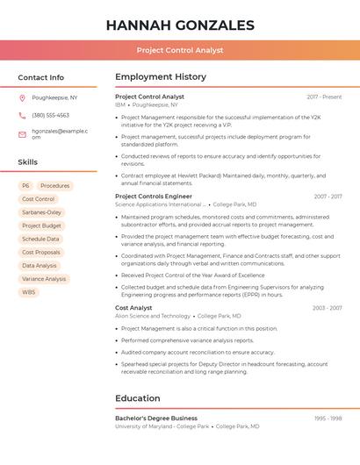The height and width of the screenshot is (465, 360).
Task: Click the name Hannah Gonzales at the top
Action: (180, 25)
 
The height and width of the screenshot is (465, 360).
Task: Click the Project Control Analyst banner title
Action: (180, 51)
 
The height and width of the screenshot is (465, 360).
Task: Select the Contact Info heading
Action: (41, 77)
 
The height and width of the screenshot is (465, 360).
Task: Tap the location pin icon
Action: (22, 98)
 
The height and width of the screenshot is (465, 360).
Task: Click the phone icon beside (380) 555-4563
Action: (22, 116)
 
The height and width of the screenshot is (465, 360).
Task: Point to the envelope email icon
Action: (22, 134)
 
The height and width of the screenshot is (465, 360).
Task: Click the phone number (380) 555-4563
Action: (51, 116)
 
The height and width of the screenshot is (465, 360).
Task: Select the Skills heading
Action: (28, 162)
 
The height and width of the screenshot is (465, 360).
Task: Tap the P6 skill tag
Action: (25, 186)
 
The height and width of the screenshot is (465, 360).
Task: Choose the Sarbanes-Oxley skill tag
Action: (41, 212)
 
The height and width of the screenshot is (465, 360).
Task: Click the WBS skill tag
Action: (29, 292)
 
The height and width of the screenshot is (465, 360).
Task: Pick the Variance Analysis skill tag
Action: (44, 279)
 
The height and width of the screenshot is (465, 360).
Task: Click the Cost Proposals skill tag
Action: (41, 253)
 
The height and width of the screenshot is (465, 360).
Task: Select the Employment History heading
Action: (161, 77)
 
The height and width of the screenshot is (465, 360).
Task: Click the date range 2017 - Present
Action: (324, 97)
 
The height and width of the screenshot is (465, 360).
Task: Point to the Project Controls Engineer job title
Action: (159, 197)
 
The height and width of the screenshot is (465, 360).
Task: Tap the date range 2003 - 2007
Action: (327, 308)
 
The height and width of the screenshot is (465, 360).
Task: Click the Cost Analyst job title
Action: (133, 308)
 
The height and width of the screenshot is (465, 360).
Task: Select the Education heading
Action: (138, 398)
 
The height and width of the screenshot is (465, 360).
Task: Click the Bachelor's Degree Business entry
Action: (156, 418)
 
